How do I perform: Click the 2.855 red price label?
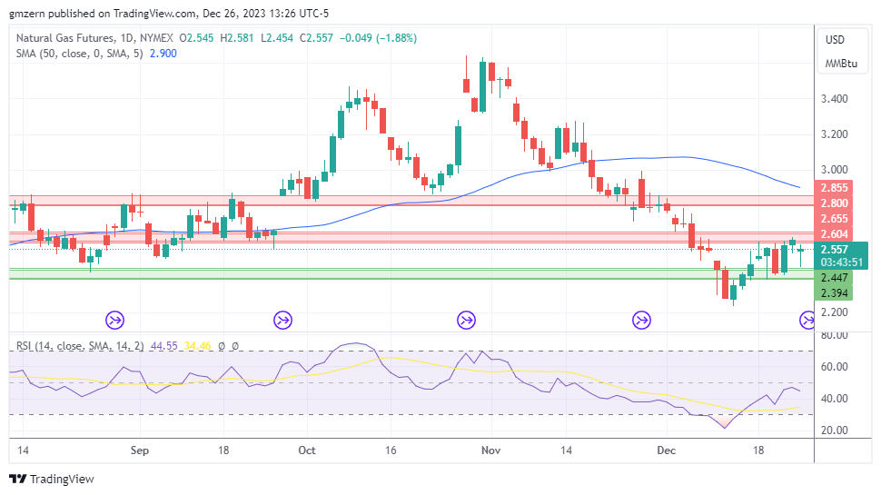click(x=834, y=188)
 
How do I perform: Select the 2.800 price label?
click(x=834, y=203)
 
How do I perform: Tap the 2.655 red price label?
click(x=834, y=219)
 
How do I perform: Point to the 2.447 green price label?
click(x=834, y=278)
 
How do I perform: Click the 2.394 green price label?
click(x=834, y=293)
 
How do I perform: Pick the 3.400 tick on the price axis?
click(x=834, y=99)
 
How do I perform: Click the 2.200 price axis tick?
click(x=834, y=312)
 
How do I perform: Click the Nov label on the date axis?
click(x=491, y=450)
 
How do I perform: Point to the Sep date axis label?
click(x=139, y=450)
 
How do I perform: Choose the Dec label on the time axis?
click(x=667, y=450)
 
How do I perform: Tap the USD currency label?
click(x=834, y=40)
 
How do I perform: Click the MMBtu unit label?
click(x=840, y=64)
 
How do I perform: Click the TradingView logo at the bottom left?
click(x=52, y=479)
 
